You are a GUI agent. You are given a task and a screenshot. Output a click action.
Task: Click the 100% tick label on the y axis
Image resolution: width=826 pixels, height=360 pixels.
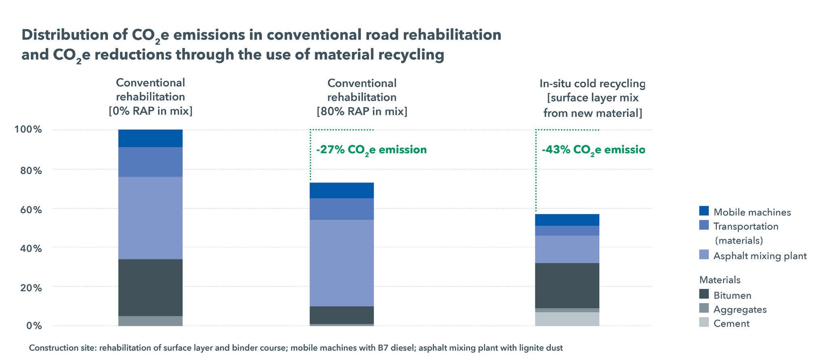28,130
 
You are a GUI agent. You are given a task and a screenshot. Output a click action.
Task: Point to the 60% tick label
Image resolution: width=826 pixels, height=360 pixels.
30,209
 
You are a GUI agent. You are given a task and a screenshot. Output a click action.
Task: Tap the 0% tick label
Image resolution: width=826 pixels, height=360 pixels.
34,325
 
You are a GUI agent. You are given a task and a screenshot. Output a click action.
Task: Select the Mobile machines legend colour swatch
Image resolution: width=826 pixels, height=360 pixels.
704,211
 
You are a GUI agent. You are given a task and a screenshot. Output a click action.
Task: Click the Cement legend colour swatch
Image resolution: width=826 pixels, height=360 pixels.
704,322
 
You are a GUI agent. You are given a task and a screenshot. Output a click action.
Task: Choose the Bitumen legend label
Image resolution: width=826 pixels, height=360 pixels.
732,295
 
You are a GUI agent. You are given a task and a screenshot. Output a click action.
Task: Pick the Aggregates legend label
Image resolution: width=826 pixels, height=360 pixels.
740,309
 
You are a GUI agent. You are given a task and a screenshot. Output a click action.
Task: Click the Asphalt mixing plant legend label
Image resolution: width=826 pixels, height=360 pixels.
760,256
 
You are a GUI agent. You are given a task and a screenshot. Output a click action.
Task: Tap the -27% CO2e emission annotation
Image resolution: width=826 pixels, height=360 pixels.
371,150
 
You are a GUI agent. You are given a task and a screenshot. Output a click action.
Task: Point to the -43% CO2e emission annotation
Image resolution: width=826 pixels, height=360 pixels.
593,150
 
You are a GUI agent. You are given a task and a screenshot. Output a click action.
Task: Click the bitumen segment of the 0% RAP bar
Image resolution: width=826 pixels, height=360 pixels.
150,287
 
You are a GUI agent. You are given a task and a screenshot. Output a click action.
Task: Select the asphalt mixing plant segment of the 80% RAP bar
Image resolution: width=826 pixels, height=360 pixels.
342,263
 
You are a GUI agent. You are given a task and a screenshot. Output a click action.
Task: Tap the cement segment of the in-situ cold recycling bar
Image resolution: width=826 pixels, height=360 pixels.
567,319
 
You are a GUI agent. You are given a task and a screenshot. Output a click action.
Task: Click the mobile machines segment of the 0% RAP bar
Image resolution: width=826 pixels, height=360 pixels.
150,138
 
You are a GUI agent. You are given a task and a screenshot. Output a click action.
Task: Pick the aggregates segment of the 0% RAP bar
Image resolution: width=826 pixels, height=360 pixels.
150,321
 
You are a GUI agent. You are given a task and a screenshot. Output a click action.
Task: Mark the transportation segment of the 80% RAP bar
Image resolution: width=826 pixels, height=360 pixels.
342,209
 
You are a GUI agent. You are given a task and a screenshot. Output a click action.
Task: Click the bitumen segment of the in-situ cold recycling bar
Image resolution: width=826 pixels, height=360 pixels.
567,285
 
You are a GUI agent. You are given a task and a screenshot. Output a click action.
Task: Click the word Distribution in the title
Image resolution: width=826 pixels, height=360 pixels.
64,35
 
